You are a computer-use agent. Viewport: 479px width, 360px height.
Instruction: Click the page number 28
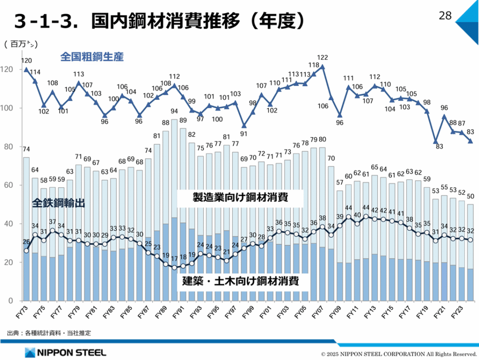click(445, 15)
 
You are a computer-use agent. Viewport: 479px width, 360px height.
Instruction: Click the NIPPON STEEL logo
click(65, 352)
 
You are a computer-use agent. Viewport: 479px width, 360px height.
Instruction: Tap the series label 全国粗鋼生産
click(92, 57)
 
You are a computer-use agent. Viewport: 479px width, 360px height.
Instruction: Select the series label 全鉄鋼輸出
click(58, 203)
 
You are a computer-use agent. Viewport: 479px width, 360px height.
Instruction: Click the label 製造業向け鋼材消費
click(240, 198)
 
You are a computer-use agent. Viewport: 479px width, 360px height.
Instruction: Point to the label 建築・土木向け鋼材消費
click(240, 281)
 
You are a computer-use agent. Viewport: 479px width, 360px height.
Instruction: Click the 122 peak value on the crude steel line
click(322, 58)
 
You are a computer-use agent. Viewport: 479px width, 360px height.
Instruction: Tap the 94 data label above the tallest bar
click(174, 111)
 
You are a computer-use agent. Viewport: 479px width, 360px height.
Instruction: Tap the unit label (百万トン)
click(21, 45)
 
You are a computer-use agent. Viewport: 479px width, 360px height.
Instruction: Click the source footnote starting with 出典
click(49, 333)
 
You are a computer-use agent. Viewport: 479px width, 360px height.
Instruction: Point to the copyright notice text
click(399, 353)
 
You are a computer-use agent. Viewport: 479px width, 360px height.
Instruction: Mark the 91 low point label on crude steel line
click(244, 133)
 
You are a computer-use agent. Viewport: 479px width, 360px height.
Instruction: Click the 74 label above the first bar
click(26, 149)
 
